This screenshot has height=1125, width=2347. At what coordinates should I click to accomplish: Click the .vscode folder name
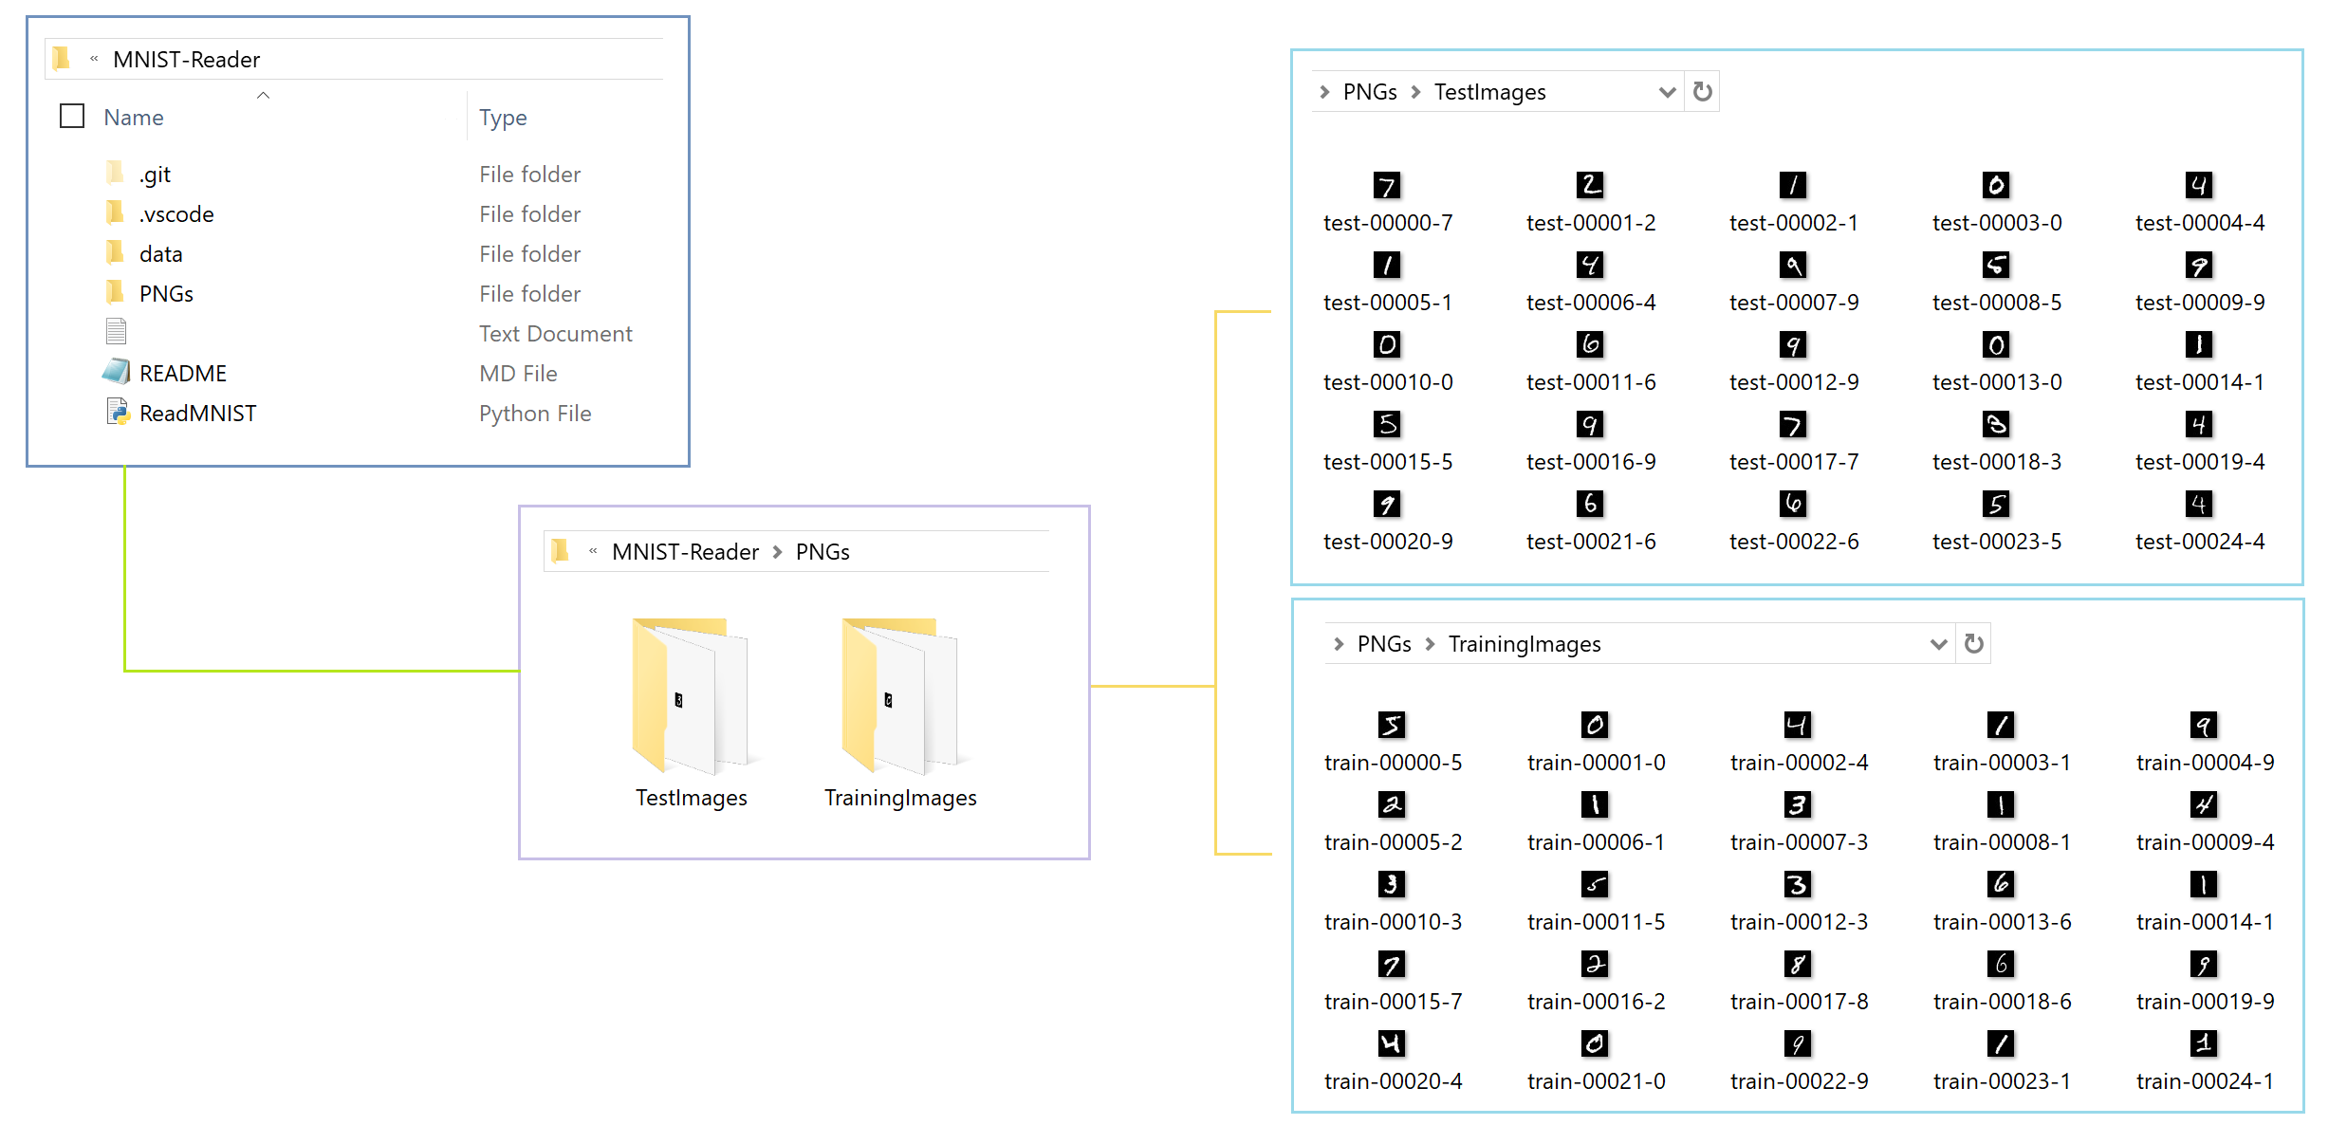(176, 214)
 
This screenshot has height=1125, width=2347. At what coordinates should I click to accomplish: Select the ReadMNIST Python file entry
(197, 414)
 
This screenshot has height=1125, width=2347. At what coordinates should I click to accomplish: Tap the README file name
(183, 374)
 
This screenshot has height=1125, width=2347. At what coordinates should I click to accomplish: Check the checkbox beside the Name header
(72, 116)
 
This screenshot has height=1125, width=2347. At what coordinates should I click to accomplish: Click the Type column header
(503, 118)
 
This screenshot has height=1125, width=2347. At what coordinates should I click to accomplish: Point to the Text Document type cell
(555, 334)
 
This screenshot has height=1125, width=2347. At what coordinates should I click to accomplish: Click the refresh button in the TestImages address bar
(1703, 92)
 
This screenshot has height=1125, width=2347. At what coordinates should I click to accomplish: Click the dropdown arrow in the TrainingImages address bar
(1938, 644)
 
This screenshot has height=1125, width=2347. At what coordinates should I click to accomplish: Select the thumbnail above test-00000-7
(1387, 185)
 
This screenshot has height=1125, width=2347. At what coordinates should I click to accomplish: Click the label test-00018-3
(1996, 462)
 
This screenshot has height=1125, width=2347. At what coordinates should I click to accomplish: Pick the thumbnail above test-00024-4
(2199, 504)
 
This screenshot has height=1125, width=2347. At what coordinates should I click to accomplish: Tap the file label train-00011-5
(1596, 922)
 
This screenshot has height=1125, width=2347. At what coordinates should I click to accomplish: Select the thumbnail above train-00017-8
(1798, 965)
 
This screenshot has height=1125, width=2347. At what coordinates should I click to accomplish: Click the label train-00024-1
(2204, 1081)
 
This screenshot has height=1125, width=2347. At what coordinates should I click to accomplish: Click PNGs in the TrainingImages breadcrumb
(1384, 644)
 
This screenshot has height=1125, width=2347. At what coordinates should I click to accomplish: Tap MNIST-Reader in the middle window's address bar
(685, 552)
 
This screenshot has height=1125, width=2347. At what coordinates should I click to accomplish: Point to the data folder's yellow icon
(115, 253)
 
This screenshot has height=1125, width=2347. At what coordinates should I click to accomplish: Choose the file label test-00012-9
(1793, 382)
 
